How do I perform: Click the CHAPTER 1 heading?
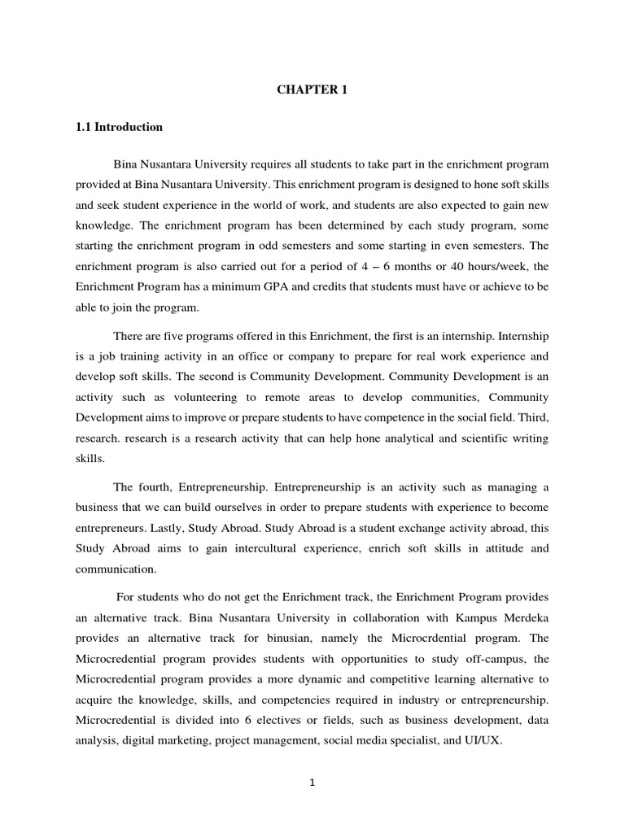312,90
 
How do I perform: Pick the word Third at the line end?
534,417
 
